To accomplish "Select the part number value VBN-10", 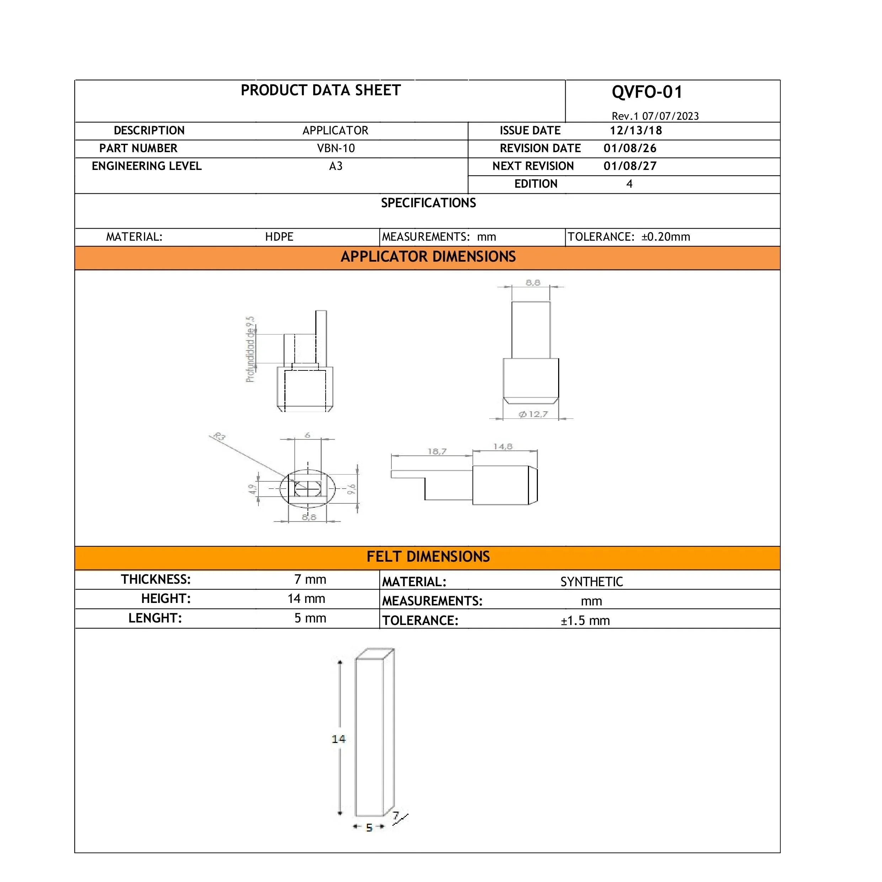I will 336,148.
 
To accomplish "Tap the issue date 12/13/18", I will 636,130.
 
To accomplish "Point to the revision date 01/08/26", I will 630,148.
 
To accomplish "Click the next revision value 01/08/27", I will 630,166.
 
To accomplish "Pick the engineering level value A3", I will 336,166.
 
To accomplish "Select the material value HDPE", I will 279,237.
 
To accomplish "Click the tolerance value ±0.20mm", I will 665,237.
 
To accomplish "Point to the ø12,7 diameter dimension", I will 533,414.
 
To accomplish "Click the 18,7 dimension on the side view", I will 437,451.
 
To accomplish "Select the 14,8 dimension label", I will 503,447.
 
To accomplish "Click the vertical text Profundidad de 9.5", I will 250,349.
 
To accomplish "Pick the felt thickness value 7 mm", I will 310,579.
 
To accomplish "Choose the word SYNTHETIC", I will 591,582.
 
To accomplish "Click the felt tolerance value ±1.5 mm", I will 585,621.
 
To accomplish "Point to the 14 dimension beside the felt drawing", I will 338,739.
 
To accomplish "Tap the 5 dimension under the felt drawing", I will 369,827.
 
